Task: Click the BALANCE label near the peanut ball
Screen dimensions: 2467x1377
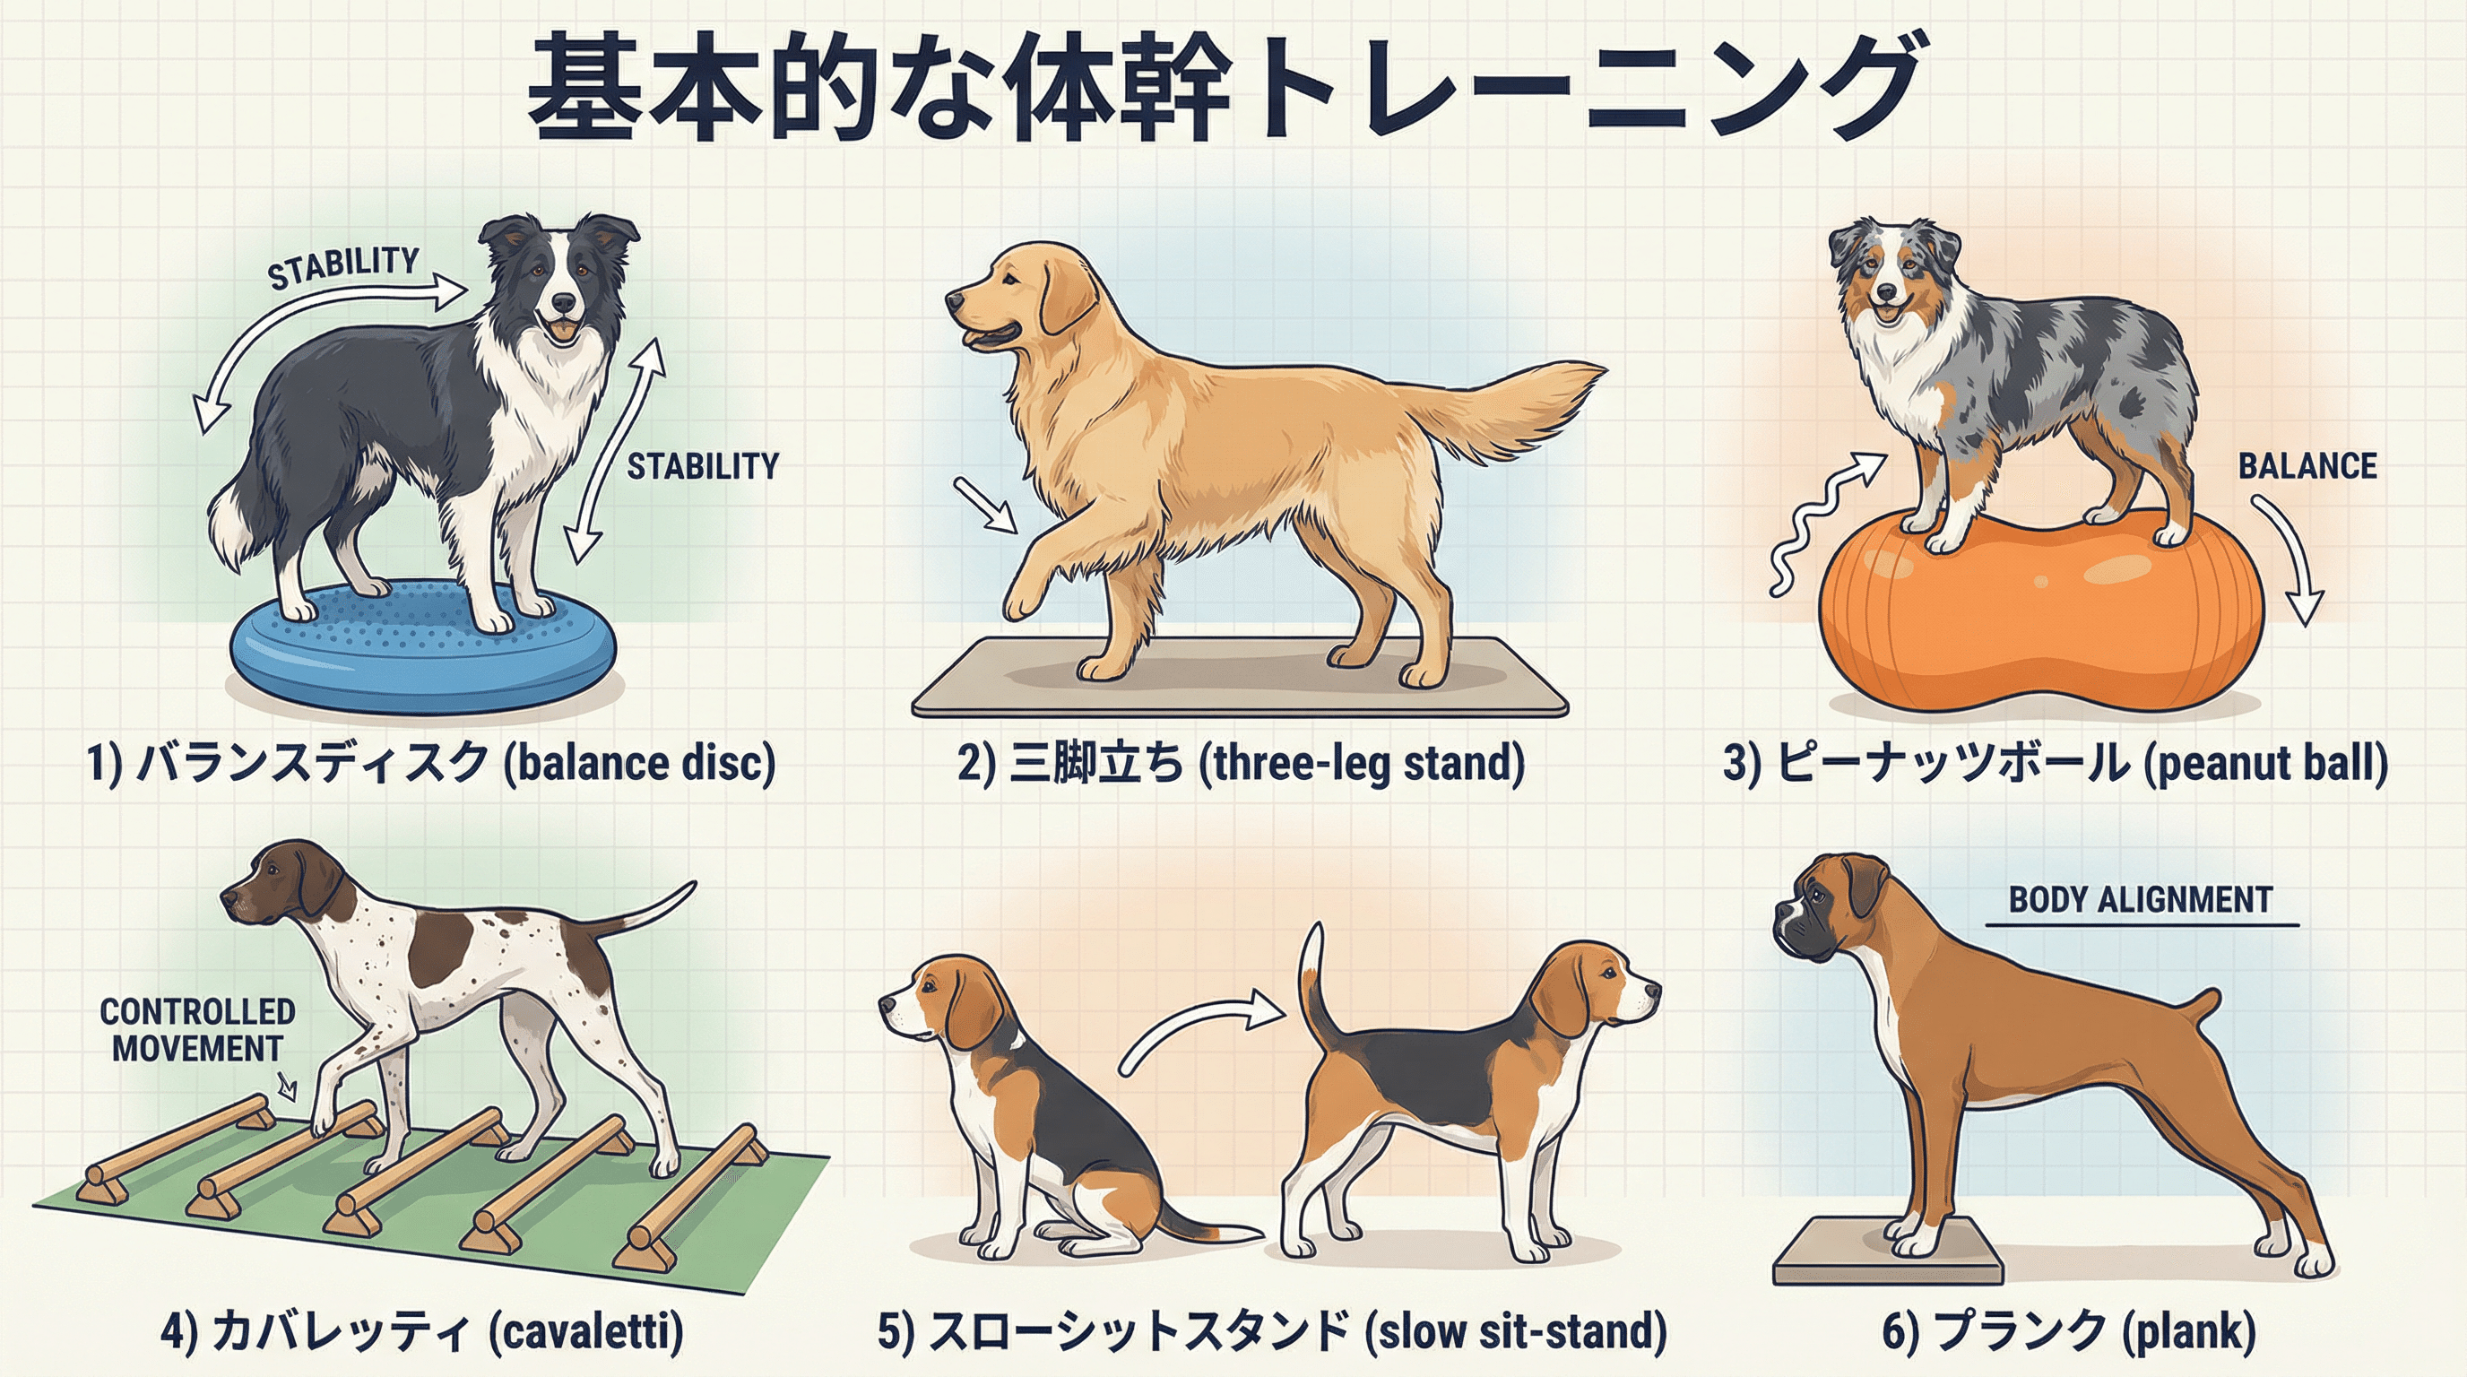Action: [x=2307, y=466]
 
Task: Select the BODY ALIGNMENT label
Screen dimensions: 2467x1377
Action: [x=2141, y=900]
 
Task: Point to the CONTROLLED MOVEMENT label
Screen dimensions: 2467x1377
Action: [x=197, y=1029]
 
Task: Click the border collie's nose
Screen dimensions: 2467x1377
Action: [x=565, y=304]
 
